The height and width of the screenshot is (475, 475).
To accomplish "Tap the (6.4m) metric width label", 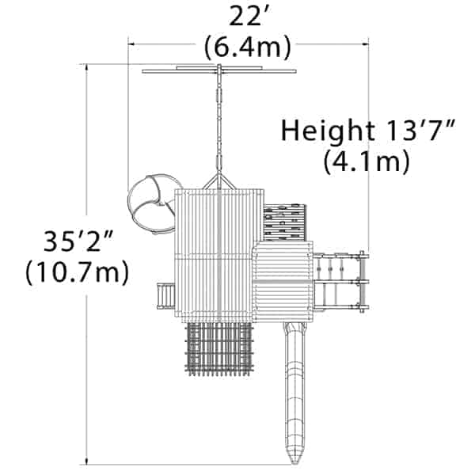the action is coord(248,47).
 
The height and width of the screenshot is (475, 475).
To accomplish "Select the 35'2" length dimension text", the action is coord(78,241).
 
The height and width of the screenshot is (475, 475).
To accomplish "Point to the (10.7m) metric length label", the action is coord(77,272).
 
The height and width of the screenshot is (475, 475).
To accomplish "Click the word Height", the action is coord(327,131).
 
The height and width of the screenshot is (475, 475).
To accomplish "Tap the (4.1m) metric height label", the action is coord(367,161).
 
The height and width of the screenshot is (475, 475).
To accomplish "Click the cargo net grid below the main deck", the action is coord(218,349).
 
